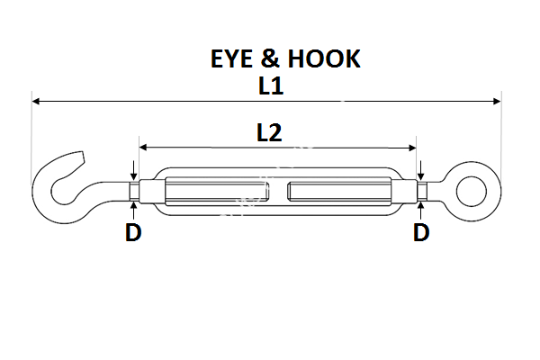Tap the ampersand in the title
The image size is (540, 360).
click(x=276, y=59)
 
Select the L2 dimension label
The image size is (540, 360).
click(x=269, y=133)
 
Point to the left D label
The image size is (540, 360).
click(x=133, y=233)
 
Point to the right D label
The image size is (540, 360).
click(x=421, y=233)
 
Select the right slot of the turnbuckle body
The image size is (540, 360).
click(x=337, y=192)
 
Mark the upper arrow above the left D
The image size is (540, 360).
click(x=133, y=171)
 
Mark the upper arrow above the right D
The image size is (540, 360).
click(x=421, y=171)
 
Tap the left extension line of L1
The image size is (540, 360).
click(x=32, y=135)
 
